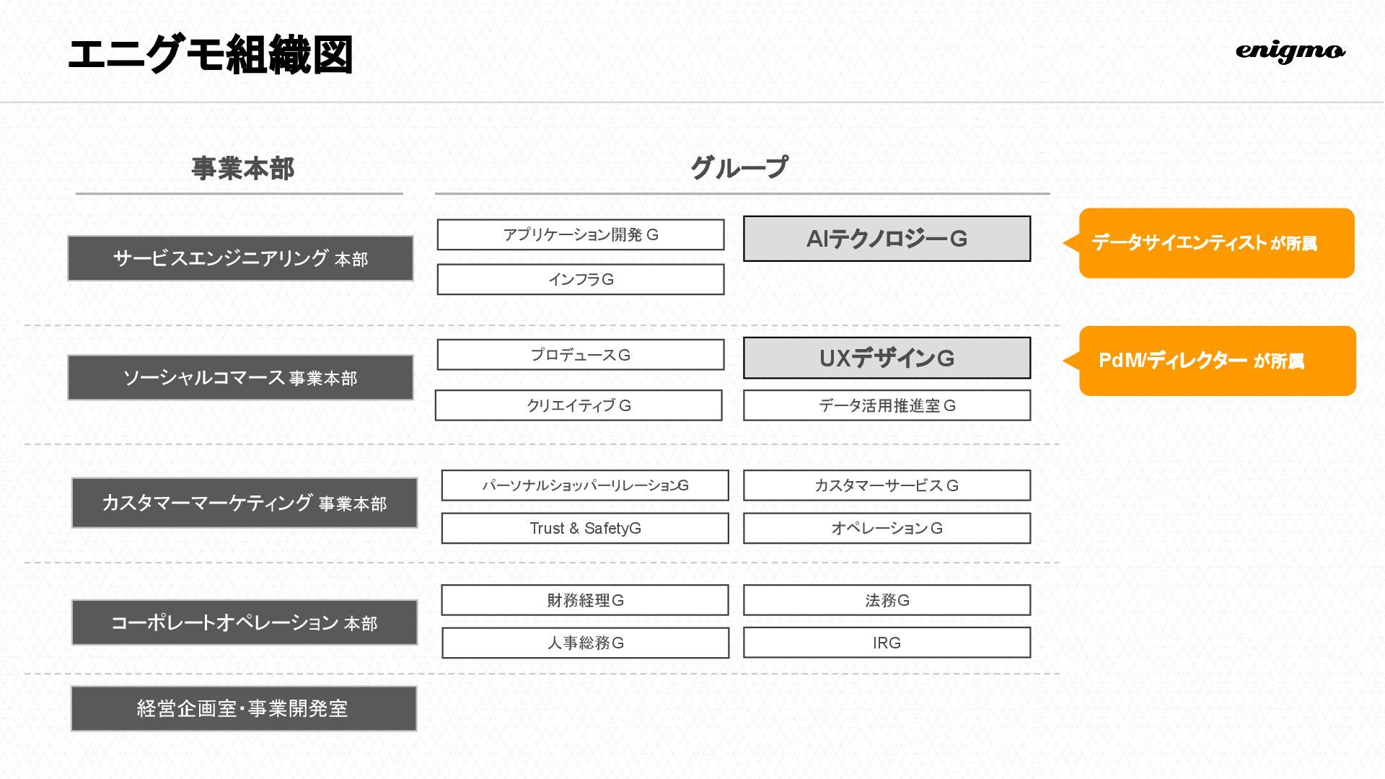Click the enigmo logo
1290,51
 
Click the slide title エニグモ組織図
210,55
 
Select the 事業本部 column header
242,169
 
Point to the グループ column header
739,168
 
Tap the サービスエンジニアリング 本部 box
240,258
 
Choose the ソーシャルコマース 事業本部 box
240,377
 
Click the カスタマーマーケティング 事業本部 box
244,503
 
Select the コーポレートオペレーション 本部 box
244,622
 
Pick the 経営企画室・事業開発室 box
243,708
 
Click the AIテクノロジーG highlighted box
887,239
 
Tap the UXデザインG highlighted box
887,358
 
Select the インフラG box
580,279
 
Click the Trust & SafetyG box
584,528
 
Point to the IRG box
887,643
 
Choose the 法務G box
887,600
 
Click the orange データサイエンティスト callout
1216,243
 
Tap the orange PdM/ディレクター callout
1217,361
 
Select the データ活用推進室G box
887,405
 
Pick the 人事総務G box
585,643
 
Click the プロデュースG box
580,355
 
